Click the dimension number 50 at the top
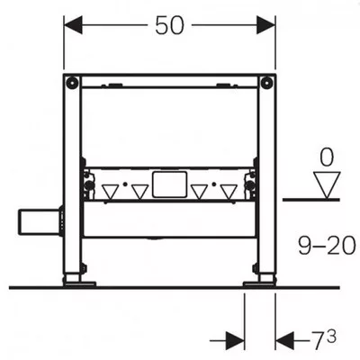[169, 25]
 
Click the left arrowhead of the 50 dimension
[73, 25]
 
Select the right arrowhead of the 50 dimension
[266, 25]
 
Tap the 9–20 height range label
[327, 246]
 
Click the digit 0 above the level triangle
[327, 157]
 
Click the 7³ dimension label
[323, 339]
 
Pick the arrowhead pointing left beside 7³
[284, 341]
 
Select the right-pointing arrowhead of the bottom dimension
[235, 341]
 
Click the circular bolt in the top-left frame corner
[72, 83]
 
